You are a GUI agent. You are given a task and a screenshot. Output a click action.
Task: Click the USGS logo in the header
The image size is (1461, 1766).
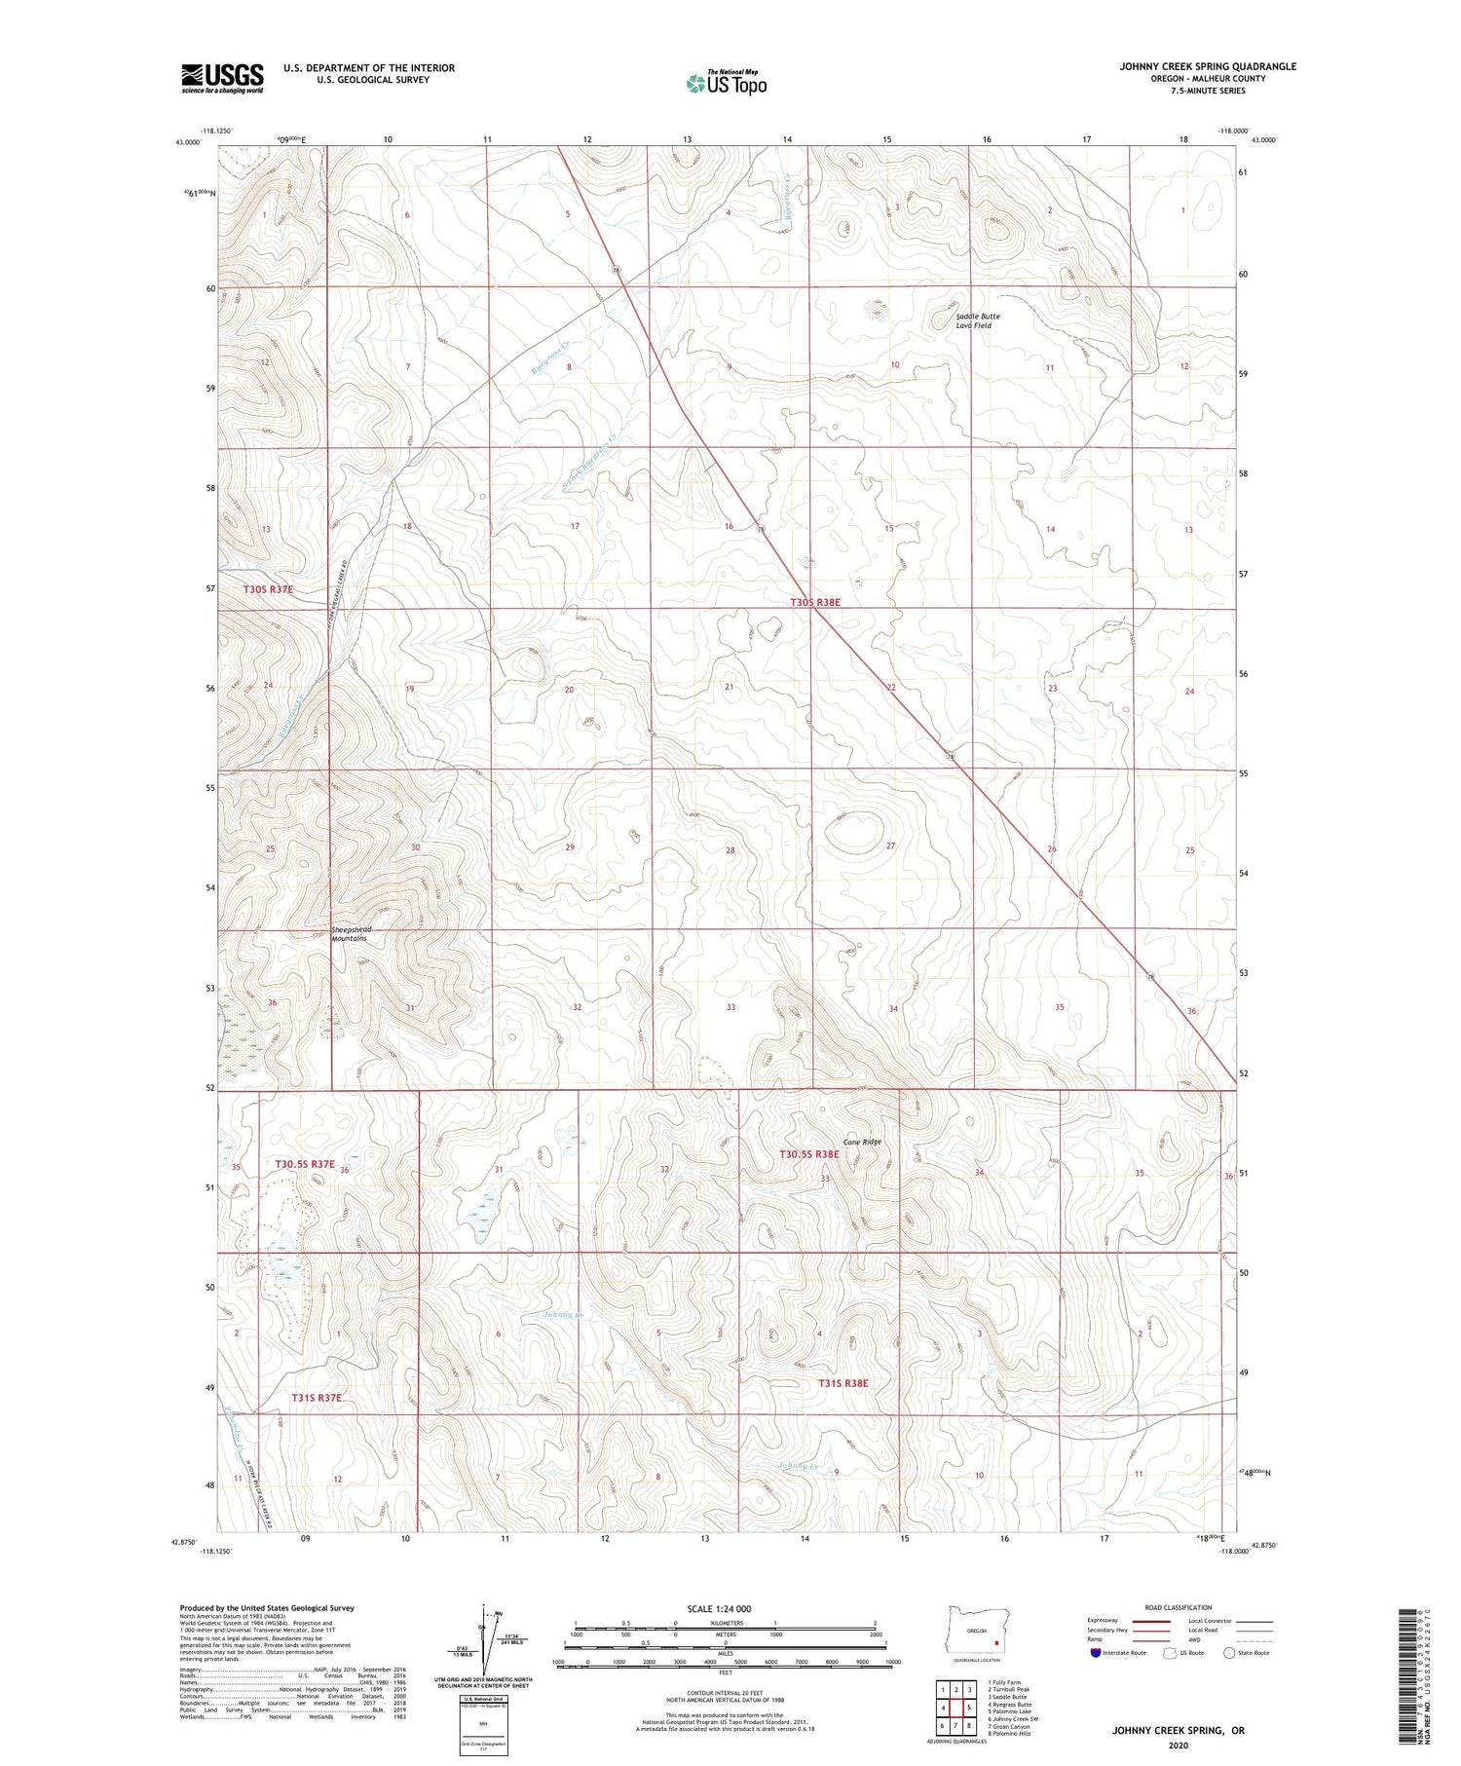pos(222,78)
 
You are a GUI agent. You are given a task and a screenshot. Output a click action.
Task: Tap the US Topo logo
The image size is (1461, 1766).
pos(727,84)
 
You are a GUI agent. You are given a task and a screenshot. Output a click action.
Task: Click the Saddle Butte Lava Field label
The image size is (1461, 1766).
pos(977,320)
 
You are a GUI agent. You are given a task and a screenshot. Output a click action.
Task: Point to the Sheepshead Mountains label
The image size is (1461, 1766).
pos(352,934)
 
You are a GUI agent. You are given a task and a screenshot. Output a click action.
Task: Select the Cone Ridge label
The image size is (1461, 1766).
pos(862,1142)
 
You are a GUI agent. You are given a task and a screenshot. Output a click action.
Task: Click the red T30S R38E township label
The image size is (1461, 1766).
pos(815,603)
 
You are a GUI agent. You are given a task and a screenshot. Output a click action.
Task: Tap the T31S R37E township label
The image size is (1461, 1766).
pos(317,1398)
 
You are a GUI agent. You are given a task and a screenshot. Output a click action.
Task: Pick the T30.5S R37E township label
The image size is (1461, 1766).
pos(305,1164)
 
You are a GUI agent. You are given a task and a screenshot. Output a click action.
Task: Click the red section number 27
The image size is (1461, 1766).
pos(890,845)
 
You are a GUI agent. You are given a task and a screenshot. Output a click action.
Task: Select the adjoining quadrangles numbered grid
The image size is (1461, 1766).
pos(955,1707)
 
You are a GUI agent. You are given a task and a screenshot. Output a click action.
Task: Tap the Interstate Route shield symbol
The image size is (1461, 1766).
pos(1099,1653)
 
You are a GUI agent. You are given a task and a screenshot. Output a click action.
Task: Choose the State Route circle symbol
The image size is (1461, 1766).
pos(1229,1653)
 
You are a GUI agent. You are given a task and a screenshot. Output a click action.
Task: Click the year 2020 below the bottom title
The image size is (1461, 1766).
pos(1178,1745)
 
